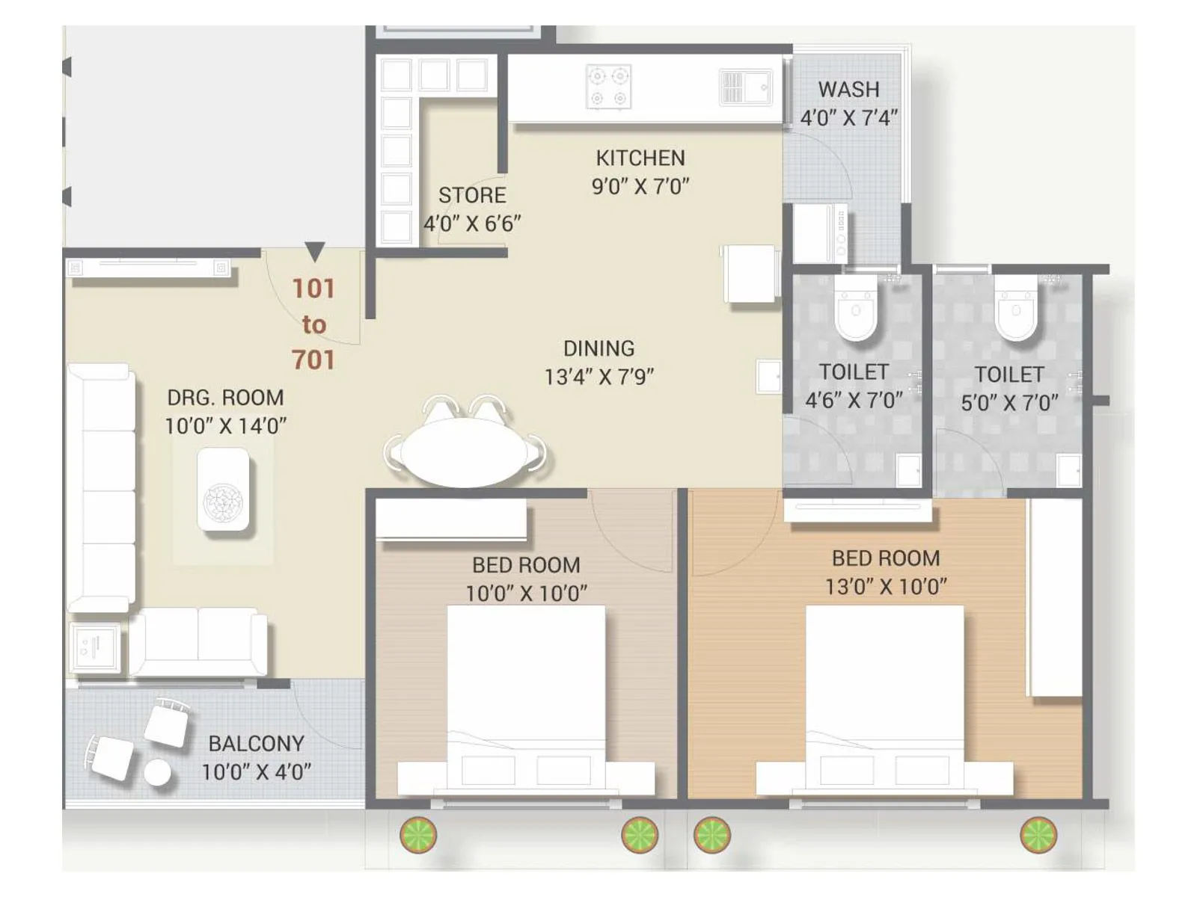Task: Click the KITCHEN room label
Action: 640,158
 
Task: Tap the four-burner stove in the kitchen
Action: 608,87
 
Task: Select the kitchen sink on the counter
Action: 744,87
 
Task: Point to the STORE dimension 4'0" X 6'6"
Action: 472,224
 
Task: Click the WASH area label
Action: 848,89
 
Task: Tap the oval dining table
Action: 465,451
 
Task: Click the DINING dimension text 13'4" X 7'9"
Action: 598,377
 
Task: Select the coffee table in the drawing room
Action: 223,490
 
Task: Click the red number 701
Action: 313,360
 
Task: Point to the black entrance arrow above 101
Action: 314,251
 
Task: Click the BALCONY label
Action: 256,743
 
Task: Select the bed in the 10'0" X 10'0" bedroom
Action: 525,695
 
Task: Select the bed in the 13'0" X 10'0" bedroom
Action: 884,695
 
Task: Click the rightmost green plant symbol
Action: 1038,835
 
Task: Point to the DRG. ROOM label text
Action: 225,397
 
